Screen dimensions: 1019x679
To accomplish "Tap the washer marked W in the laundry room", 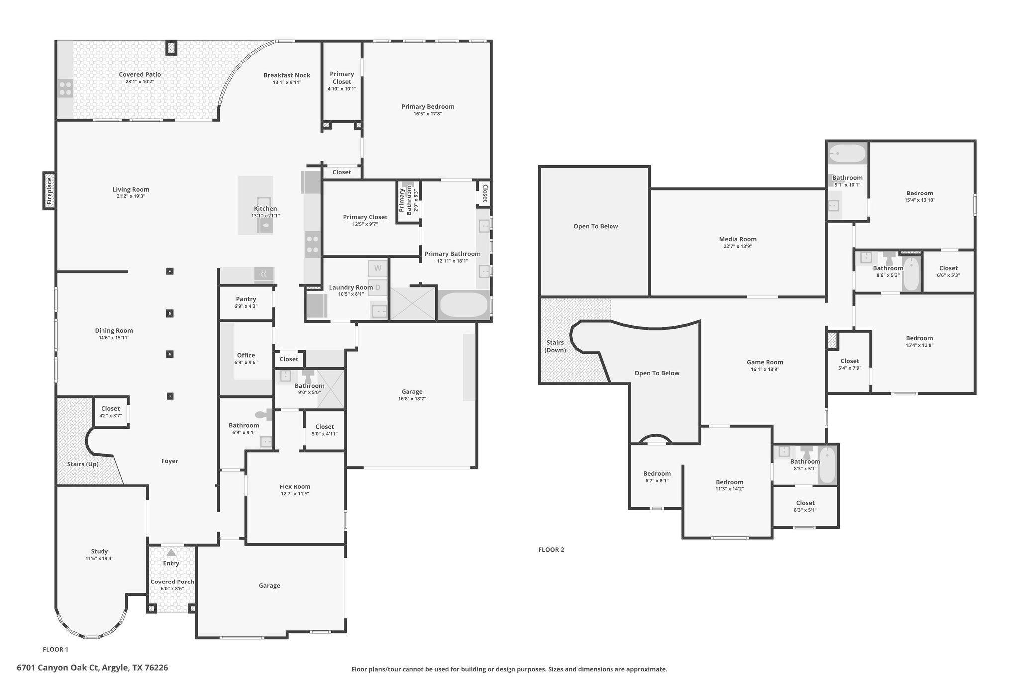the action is point(378,268).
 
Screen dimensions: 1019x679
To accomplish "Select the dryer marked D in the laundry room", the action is point(378,287).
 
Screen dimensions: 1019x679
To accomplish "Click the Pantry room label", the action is point(246,299).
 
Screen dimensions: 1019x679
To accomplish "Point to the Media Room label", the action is point(738,239).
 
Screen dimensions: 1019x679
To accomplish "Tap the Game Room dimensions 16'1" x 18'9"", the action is point(765,369).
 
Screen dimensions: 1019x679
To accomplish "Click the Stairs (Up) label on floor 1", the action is point(83,464).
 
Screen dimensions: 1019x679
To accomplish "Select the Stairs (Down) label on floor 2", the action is point(555,346).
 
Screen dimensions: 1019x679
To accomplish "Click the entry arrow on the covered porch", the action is point(171,552).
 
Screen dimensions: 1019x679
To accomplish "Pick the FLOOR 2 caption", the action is point(551,550).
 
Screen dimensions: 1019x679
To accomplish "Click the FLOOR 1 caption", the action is point(55,649).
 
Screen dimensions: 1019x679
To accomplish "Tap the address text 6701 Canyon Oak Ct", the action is point(59,667).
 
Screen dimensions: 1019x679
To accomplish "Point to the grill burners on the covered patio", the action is point(65,88).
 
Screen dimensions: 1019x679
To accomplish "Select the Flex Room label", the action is point(295,487).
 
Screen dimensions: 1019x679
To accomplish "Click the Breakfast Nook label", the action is point(287,75).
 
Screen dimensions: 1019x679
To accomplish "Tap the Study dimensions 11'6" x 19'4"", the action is point(100,558).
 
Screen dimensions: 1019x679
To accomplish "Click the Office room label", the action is point(246,355).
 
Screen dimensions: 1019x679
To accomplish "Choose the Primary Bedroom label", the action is point(428,106).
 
